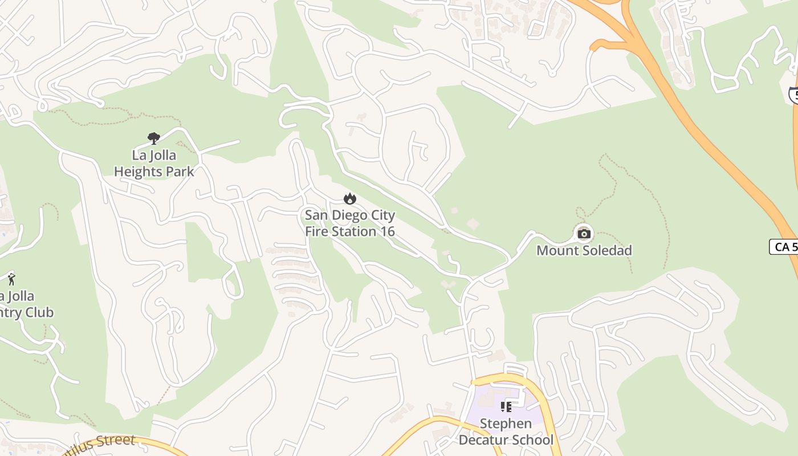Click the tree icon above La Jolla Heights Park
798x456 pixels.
[153, 137]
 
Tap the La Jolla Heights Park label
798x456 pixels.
[154, 163]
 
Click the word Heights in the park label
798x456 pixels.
[139, 171]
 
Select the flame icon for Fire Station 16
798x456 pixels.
[349, 198]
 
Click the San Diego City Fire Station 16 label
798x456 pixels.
[349, 223]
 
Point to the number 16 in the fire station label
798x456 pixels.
[387, 231]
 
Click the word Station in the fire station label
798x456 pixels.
[356, 231]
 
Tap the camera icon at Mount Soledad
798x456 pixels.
[584, 233]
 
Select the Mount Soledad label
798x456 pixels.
[584, 250]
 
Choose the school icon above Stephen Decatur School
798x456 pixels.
[506, 406]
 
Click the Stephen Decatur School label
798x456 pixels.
[506, 431]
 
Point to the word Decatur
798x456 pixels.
[483, 440]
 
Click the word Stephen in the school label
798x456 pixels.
[506, 424]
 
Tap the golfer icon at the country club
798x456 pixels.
[11, 279]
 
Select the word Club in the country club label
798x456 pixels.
[40, 312]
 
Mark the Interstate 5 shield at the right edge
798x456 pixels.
[792, 95]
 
